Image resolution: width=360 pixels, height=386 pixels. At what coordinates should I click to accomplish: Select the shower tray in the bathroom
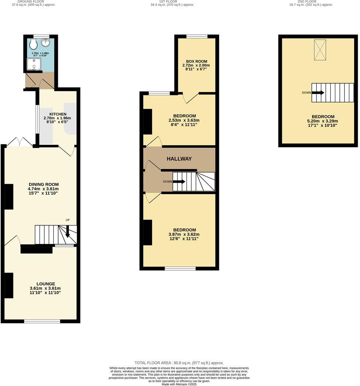[34, 64]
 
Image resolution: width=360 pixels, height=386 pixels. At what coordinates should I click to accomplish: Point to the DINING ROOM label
[43, 185]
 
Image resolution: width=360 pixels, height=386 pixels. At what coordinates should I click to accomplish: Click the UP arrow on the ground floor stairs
[68, 232]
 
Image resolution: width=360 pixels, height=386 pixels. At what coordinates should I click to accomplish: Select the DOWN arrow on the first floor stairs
[179, 182]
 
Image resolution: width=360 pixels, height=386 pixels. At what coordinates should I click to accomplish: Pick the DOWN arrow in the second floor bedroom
[318, 93]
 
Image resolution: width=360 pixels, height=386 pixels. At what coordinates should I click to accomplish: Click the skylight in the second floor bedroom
[320, 50]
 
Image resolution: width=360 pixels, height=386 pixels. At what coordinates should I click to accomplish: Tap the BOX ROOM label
[196, 62]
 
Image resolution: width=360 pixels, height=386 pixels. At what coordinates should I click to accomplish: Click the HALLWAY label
[179, 159]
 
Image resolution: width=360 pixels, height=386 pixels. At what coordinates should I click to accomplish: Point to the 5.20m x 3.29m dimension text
[322, 121]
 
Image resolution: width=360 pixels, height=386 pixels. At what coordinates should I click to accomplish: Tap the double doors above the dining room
[19, 142]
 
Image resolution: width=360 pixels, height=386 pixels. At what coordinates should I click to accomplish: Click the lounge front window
[42, 322]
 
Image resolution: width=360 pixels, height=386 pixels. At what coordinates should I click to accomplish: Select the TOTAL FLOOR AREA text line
[179, 363]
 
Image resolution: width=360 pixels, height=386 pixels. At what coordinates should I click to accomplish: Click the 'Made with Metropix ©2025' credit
[179, 384]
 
